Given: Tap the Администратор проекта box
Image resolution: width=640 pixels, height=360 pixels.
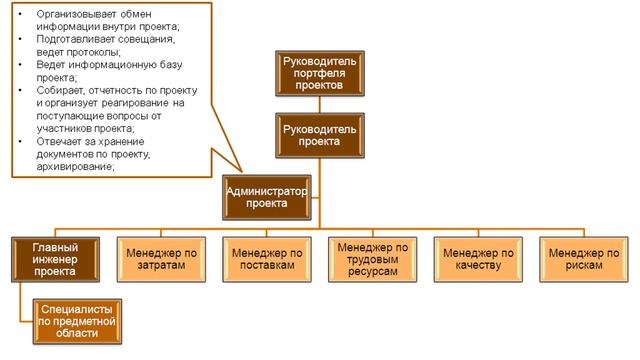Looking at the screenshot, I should click(267, 196).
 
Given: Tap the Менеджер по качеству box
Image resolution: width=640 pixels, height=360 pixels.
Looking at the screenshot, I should click(477, 259).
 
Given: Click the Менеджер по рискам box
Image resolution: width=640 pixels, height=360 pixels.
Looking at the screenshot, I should click(580, 259).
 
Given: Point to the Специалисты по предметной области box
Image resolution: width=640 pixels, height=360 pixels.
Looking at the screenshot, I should click(79, 318).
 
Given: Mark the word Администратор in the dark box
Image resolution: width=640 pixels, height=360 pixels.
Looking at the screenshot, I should click(267, 189).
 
